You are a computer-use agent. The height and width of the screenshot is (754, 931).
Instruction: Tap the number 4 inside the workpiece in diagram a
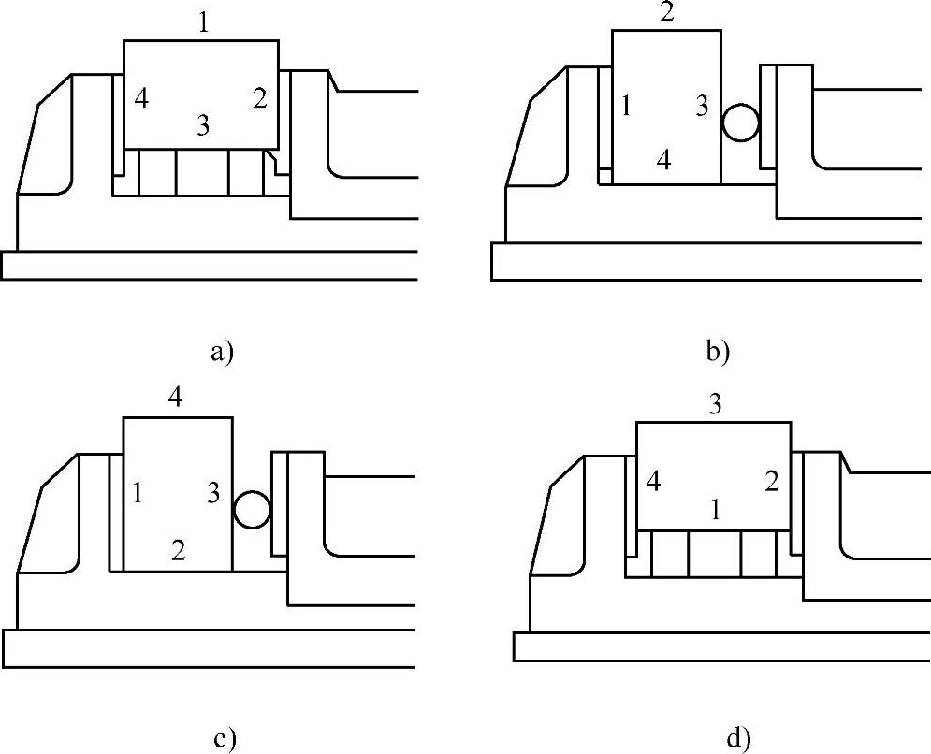(x=140, y=97)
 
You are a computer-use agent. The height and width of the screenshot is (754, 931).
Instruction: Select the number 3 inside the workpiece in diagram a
(x=203, y=125)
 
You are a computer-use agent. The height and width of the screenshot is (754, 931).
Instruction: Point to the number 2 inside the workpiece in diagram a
(x=259, y=97)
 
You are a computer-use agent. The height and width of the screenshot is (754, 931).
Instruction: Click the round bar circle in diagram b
(x=740, y=122)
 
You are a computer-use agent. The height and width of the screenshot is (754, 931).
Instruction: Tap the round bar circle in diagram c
(x=251, y=509)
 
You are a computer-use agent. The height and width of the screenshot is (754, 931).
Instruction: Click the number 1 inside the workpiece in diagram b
(x=627, y=107)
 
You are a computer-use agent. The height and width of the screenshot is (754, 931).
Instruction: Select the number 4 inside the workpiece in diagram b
(x=663, y=161)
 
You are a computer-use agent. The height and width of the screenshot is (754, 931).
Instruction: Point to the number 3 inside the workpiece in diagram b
(x=702, y=106)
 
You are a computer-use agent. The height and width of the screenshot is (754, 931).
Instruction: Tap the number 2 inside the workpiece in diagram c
(x=178, y=550)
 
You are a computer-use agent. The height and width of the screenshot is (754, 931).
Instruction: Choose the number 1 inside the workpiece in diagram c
(x=138, y=493)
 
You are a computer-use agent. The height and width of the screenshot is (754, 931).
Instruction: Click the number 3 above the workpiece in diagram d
(x=714, y=405)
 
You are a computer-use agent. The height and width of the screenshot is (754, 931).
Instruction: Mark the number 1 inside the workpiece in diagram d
(x=715, y=511)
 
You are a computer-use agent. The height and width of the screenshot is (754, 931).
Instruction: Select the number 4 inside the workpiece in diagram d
(x=654, y=483)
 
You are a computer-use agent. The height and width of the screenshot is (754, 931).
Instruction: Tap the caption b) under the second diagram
(x=717, y=353)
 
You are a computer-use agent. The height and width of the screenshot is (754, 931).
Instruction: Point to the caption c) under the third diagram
(x=225, y=739)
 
